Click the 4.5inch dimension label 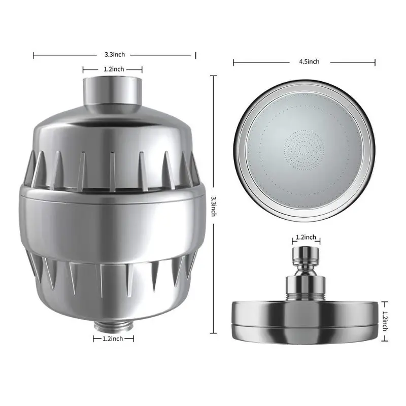[x=310, y=62]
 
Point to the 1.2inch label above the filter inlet [x=112, y=70]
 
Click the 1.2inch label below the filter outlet [x=113, y=338]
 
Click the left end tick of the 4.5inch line [x=233, y=62]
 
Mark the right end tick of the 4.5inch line [x=375, y=62]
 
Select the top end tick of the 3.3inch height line [x=214, y=76]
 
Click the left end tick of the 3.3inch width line [x=33, y=53]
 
